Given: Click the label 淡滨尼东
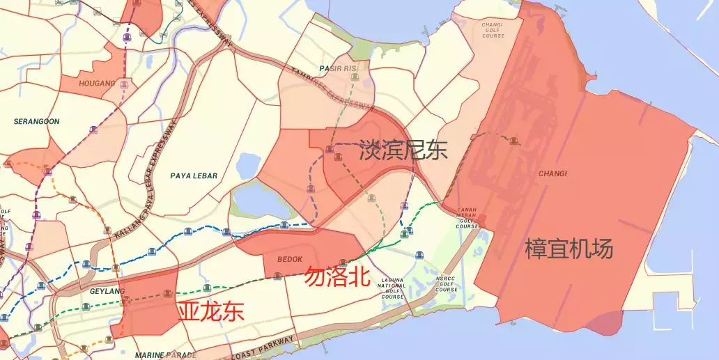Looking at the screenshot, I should click(403, 150).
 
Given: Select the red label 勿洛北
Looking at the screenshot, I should click(337, 277).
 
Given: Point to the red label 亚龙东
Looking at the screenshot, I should click(211, 311).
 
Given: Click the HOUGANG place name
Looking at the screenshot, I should click(98, 84).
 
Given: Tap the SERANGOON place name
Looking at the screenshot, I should click(37, 121).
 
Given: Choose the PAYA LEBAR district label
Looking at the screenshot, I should click(194, 176).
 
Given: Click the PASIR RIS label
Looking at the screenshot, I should click(338, 69).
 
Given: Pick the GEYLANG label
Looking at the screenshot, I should click(107, 292).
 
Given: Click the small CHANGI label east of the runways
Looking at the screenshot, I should click(553, 173).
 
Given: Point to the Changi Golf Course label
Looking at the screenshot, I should click(493, 30).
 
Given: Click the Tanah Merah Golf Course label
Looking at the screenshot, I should click(467, 217).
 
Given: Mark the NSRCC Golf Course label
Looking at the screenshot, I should click(446, 284).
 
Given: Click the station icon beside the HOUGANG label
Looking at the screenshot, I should click(124, 84).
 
